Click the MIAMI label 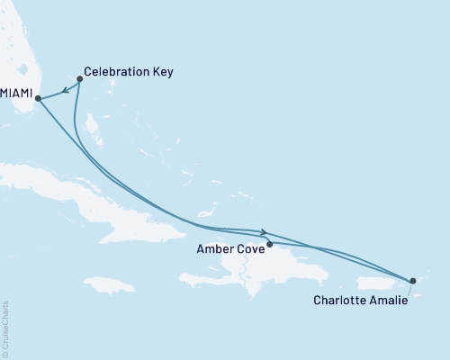(17, 93)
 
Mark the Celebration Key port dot (80, 79)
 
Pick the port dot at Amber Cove (269, 242)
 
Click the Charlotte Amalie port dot (413, 281)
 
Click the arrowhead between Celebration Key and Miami (66, 91)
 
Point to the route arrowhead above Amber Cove (264, 232)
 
